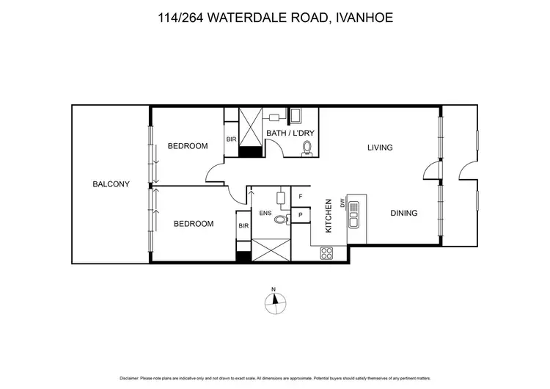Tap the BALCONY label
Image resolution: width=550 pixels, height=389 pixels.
(111, 184)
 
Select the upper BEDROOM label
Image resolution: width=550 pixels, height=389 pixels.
(188, 146)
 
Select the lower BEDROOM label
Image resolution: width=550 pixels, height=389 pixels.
(194, 224)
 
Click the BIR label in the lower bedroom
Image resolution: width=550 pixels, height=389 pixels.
(243, 226)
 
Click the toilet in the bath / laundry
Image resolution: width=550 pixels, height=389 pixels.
(307, 149)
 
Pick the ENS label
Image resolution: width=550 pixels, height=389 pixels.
(265, 214)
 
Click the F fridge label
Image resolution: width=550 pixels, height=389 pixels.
(301, 197)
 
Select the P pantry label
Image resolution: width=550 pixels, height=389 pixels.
(301, 214)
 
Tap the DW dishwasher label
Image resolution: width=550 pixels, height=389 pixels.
(342, 203)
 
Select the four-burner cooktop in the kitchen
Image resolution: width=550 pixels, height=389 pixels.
(326, 253)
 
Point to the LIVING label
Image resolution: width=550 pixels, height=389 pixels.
(380, 148)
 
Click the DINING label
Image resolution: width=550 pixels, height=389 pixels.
(403, 214)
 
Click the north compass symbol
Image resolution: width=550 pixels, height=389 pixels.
(274, 299)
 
